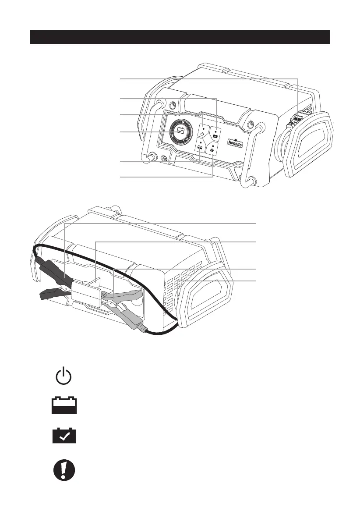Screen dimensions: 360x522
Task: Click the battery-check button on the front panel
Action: (215, 131)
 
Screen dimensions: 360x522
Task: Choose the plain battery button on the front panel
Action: (200, 148)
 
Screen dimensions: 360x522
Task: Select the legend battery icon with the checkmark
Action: (64, 435)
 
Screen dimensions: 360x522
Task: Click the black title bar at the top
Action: (180, 37)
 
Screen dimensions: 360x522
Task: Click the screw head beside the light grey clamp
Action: (105, 296)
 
